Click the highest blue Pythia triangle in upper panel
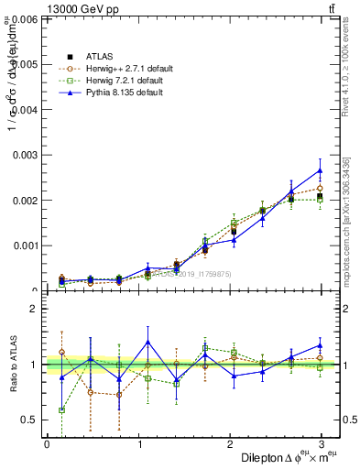tap(320, 170)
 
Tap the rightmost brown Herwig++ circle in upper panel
tap(320, 188)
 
